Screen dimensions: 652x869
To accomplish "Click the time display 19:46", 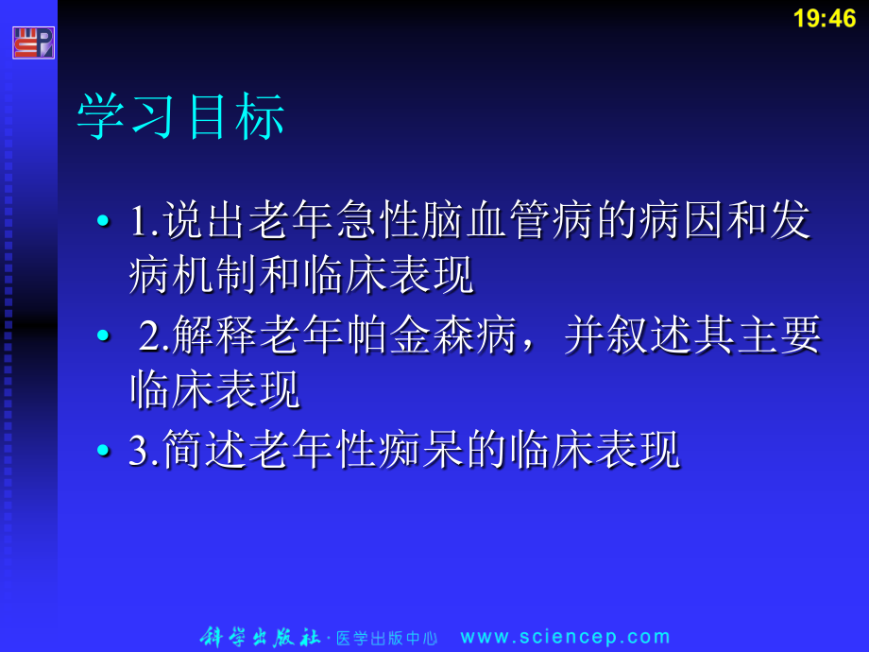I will coord(825,19).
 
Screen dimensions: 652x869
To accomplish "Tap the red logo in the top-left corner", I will coord(33,43).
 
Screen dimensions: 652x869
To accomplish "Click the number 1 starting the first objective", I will coord(139,223).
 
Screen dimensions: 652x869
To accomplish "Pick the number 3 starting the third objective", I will coord(139,452).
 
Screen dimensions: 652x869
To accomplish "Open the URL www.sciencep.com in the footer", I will coord(565,637).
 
